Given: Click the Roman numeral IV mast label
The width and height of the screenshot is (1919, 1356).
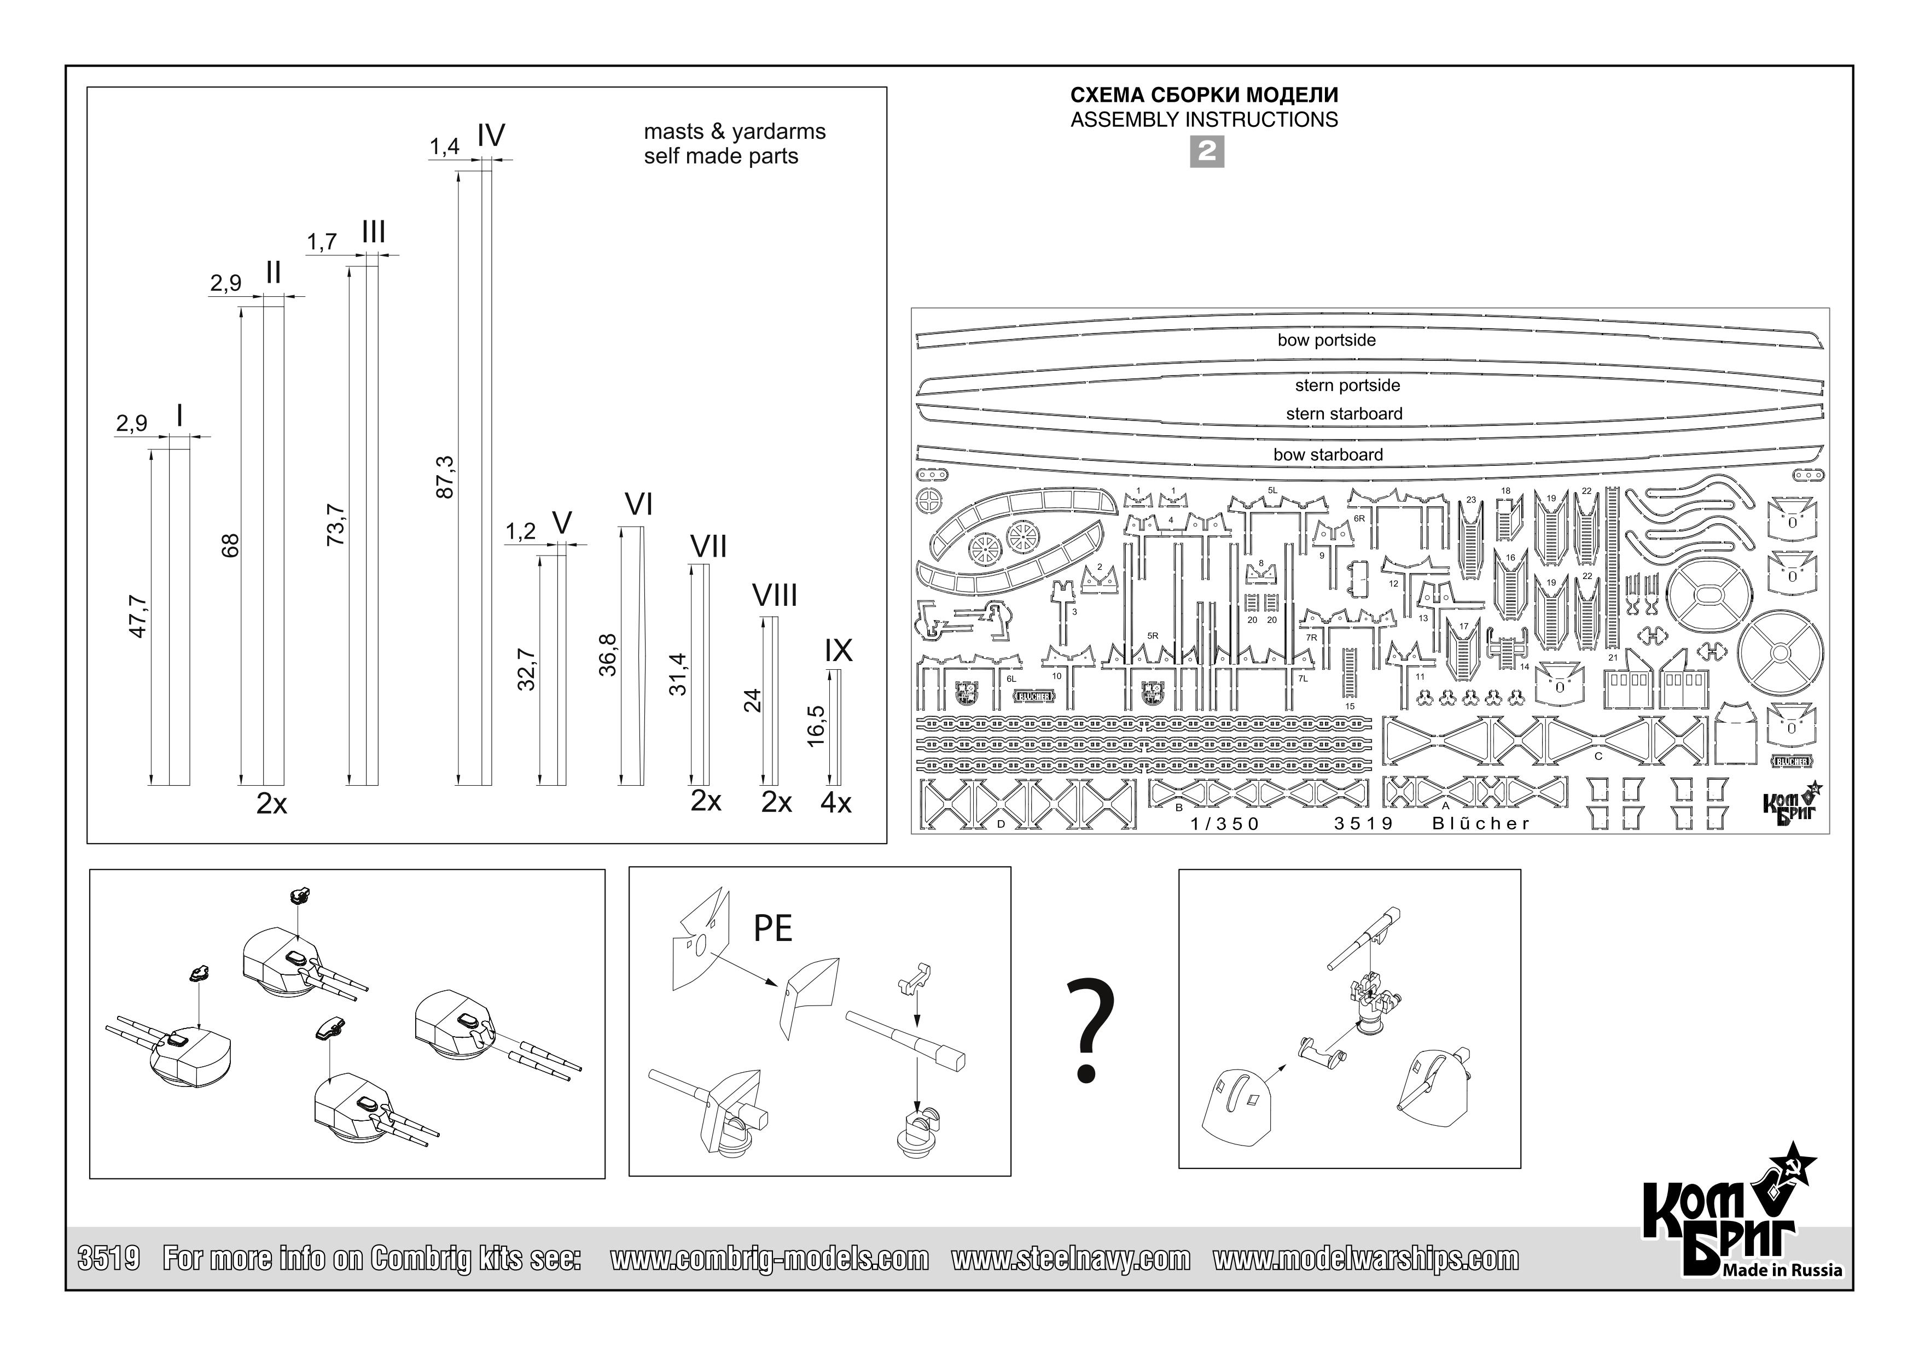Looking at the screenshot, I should click(491, 136).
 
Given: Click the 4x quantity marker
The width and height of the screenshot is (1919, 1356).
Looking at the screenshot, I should click(836, 803).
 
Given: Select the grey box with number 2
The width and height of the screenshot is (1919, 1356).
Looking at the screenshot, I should click(1206, 151).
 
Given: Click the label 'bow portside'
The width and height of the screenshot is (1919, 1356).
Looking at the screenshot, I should click(1327, 340).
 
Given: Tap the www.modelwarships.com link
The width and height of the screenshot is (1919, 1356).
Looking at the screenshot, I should click(1366, 1258).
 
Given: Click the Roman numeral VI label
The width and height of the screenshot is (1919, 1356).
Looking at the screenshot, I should click(638, 505).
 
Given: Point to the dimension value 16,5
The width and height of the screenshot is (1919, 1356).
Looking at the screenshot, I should click(817, 725).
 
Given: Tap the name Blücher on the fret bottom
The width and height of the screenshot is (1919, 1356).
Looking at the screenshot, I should click(1480, 824).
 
